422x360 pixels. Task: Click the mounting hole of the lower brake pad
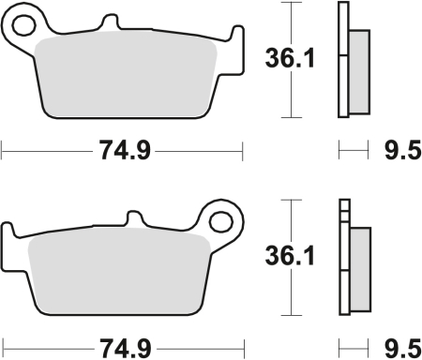[x=221, y=221]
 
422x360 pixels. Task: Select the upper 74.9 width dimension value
[x=123, y=149]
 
